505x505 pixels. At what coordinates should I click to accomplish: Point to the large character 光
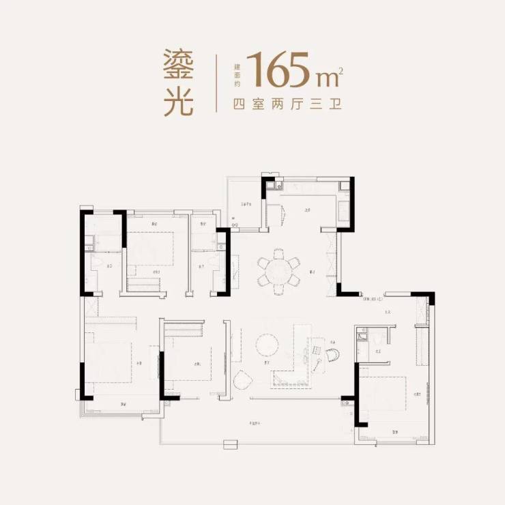coord(179,102)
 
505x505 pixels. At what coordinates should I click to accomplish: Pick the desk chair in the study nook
coord(332,354)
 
